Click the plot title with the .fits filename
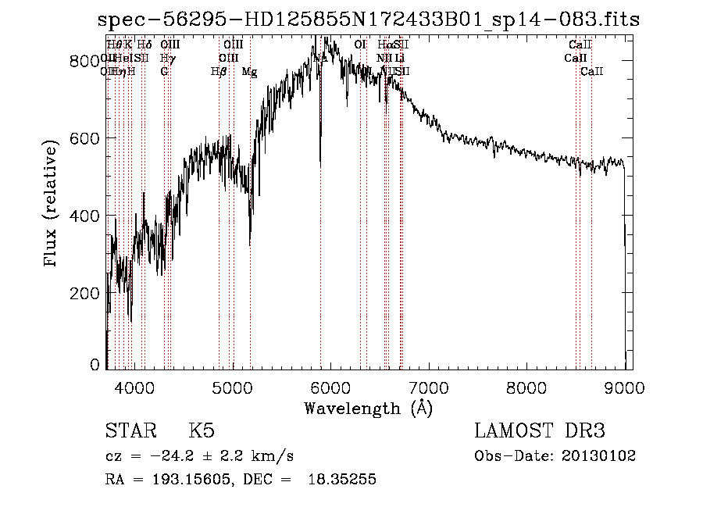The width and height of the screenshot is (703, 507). pyautogui.click(x=373, y=20)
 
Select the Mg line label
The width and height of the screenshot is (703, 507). pyautogui.click(x=249, y=72)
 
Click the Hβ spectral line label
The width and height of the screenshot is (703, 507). pyautogui.click(x=219, y=72)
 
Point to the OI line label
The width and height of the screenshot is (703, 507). pyautogui.click(x=360, y=45)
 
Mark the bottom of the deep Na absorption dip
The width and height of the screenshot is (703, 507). pyautogui.click(x=320, y=164)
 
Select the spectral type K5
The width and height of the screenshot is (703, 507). pyautogui.click(x=202, y=431)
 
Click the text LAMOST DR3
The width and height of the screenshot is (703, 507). pyautogui.click(x=540, y=431)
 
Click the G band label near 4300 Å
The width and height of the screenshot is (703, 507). pyautogui.click(x=164, y=72)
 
